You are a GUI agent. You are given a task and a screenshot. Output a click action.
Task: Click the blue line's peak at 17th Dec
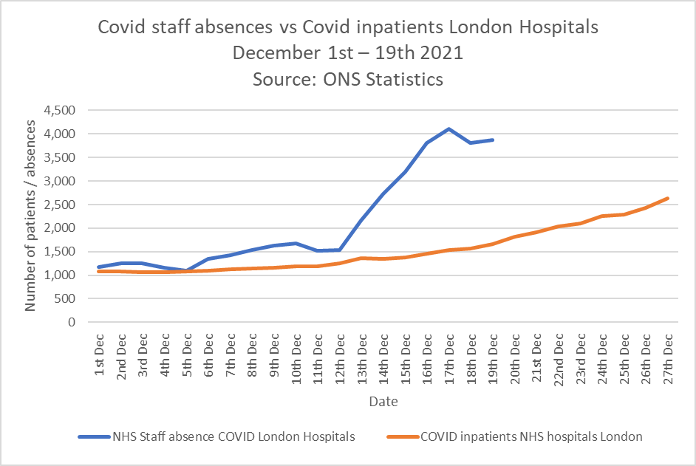tap(448, 129)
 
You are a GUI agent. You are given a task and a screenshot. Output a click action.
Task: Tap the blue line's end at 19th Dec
tap(493, 140)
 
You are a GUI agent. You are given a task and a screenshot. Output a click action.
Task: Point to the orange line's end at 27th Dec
tap(668, 198)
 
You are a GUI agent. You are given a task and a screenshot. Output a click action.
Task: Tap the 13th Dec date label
tap(362, 357)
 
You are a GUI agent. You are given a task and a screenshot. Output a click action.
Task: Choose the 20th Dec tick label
tap(515, 357)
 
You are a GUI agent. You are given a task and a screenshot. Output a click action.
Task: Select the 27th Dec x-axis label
tap(668, 357)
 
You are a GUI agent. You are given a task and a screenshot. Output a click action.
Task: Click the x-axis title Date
tap(383, 402)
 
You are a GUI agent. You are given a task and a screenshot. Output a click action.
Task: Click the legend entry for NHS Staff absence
tap(233, 436)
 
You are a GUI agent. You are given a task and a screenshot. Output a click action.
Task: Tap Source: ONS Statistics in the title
tap(348, 79)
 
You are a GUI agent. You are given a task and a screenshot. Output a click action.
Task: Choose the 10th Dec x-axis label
tap(296, 357)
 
